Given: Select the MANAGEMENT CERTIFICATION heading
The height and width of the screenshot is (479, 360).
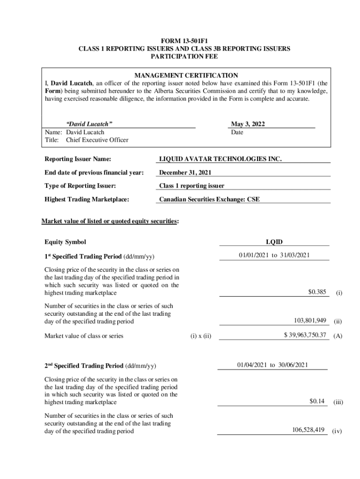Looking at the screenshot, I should [186, 75].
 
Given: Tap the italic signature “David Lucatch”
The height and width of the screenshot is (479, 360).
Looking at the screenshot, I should [89, 124].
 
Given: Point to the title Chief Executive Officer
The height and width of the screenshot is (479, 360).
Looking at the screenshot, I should [97, 140].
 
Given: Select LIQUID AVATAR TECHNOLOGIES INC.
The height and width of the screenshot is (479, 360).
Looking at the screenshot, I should [221, 159].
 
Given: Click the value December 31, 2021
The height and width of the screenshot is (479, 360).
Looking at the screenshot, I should [188, 173].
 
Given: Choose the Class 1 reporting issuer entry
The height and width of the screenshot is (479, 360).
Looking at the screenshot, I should [192, 186].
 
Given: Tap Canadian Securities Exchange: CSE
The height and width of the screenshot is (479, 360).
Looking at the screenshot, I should [209, 199].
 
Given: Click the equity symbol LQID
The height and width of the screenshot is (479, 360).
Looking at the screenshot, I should [274, 242].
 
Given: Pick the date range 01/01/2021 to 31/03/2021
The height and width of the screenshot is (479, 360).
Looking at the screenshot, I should [274, 255].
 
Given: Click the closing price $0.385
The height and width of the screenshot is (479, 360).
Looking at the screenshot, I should [317, 292].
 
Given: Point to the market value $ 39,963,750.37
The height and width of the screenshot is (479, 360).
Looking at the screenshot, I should [304, 335].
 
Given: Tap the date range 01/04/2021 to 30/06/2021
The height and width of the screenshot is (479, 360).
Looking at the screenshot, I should [273, 365].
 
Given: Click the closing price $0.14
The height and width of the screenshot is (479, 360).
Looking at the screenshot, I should [317, 401].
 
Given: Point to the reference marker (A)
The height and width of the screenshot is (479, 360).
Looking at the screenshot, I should [338, 336].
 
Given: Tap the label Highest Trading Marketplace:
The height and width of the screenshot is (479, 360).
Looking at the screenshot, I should [86, 199].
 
